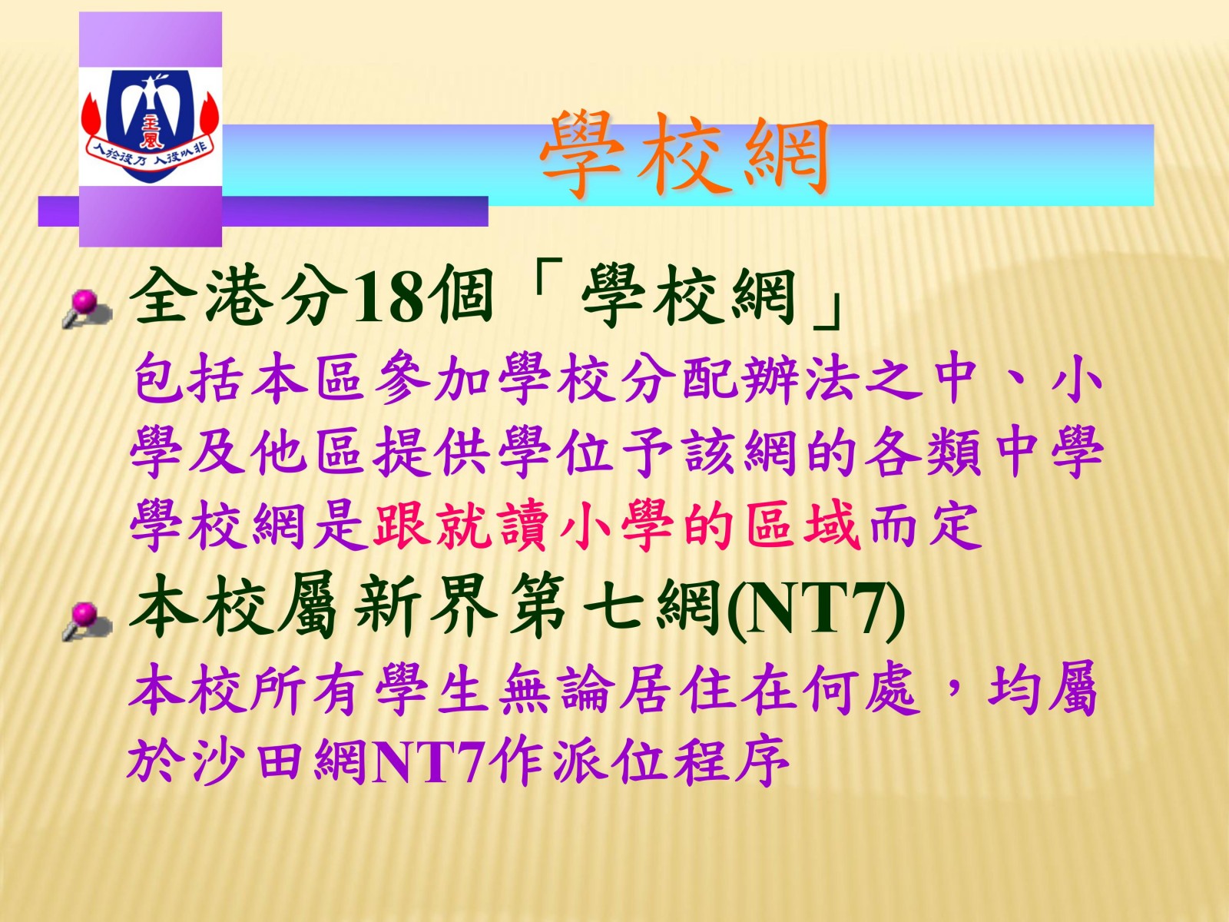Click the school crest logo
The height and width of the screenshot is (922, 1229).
point(150,125)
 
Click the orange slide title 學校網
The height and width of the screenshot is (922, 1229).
point(685,156)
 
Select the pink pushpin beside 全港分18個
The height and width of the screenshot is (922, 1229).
point(87,308)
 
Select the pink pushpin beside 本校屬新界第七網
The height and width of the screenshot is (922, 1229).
point(87,621)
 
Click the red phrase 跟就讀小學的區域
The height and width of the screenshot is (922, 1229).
point(617,525)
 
